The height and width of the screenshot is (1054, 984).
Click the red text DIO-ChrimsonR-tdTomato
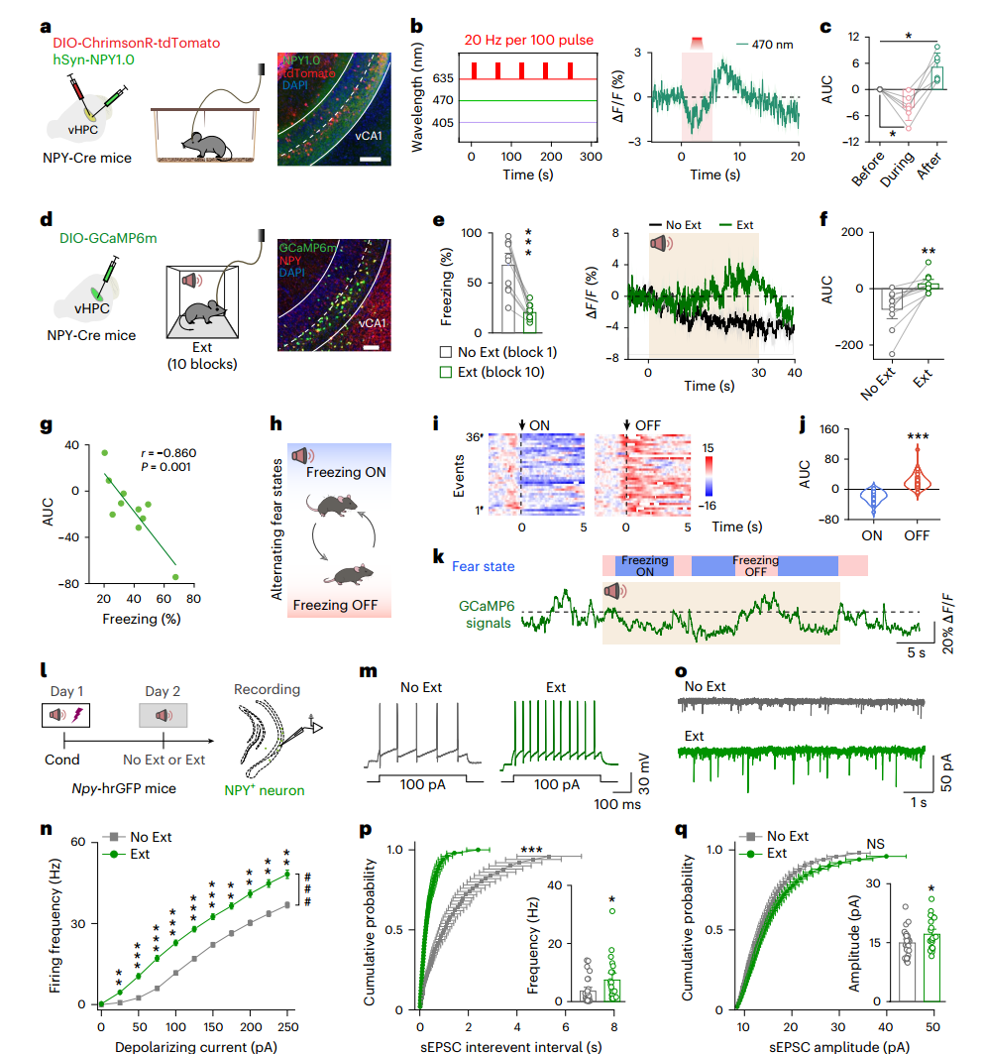[x=136, y=43]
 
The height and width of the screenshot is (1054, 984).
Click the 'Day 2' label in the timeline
[x=164, y=690]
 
